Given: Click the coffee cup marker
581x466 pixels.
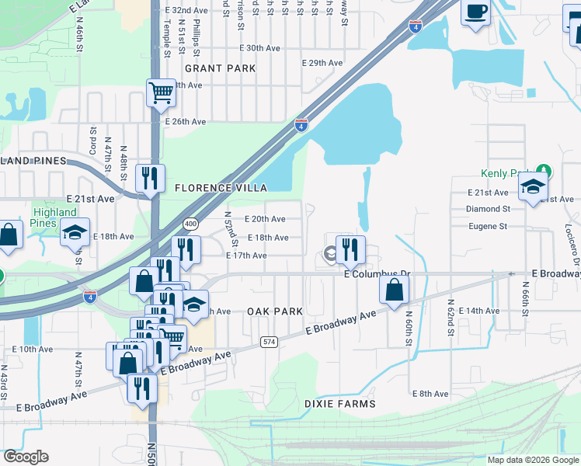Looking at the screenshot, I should click(475, 13).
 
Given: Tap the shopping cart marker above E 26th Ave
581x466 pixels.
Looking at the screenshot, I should click(161, 93).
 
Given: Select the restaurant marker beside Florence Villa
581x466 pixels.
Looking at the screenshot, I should click(150, 178).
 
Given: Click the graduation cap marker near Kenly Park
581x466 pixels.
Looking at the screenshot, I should click(534, 186).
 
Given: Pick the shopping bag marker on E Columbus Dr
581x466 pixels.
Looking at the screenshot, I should click(395, 290).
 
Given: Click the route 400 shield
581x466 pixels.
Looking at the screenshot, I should click(190, 223).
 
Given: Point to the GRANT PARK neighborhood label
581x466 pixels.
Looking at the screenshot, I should click(221, 68).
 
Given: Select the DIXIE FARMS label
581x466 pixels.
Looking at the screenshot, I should click(340, 404).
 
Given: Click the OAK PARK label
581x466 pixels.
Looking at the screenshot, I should click(274, 311).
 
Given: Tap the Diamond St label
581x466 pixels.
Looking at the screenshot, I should click(488, 209).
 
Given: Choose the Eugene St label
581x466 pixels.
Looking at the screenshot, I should click(487, 227).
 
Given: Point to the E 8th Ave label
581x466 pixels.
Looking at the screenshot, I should click(430, 395).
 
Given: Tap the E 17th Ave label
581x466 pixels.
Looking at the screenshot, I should click(246, 256).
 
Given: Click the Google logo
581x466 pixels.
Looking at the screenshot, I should click(26, 457).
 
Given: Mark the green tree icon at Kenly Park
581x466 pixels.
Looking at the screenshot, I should click(545, 170).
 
